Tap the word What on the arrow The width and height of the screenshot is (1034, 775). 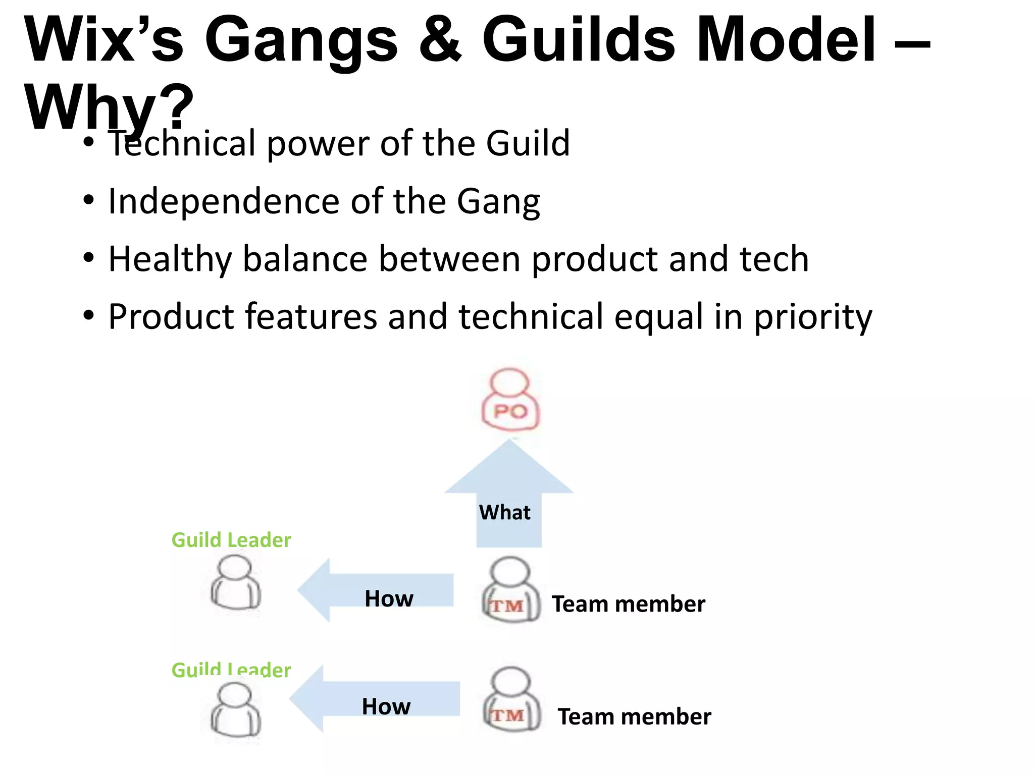[504, 513]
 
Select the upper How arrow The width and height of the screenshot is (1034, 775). [376, 590]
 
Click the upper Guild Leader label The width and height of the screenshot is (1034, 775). [231, 540]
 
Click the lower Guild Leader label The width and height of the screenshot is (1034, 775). [231, 670]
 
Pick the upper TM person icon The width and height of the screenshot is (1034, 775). [510, 590]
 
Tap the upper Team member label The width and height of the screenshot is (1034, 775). [628, 604]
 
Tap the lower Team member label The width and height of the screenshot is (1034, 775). [634, 716]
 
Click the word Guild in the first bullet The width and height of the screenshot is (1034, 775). [528, 143]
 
